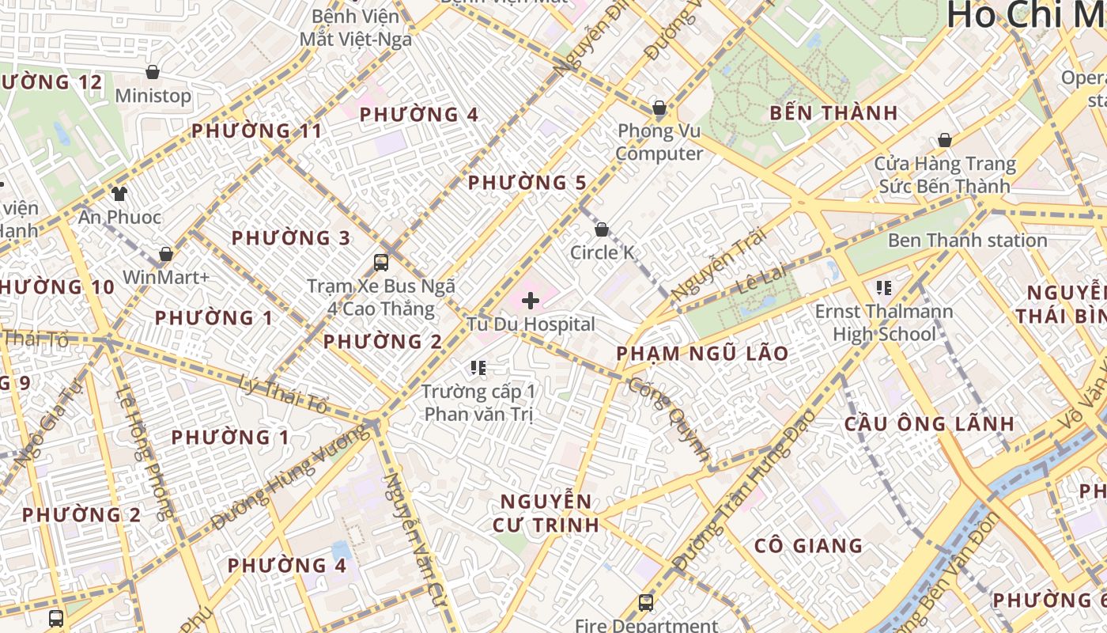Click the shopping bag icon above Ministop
pos(153,72)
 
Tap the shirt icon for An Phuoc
pos(119,193)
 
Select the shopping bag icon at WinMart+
pos(166,254)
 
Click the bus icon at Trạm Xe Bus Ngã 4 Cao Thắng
pos(381,262)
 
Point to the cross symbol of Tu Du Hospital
pos(531,301)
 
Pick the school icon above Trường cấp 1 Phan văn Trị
pos(478,367)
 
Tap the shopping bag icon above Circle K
pos(602,229)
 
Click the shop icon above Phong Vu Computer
pos(659,108)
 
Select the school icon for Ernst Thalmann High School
pos(884,288)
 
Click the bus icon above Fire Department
pos(646,603)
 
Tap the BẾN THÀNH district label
pos(834,113)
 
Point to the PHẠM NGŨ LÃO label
pos(702,354)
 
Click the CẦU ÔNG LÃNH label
pos(929,423)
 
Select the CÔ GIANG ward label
pos(808,545)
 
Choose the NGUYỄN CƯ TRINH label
pos(546,513)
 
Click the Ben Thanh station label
pos(967,240)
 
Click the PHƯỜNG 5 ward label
pos(527,183)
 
